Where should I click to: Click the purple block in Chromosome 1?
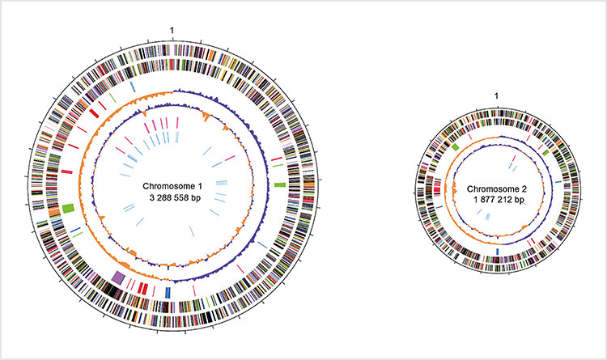[x=118, y=278]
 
